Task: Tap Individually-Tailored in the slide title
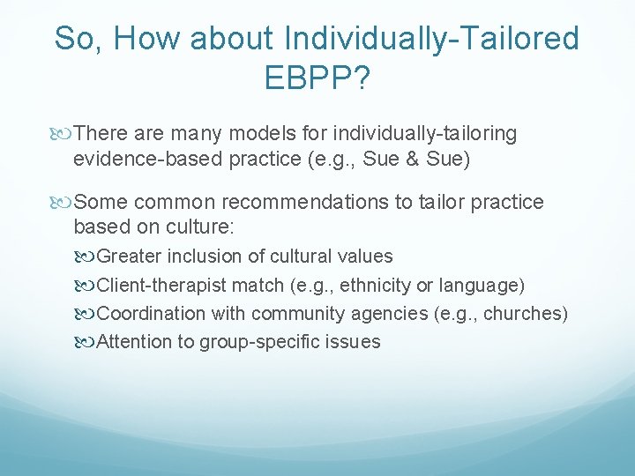[432, 39]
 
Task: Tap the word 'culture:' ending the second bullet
[199, 227]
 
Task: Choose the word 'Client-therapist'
[162, 286]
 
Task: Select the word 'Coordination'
[149, 314]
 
